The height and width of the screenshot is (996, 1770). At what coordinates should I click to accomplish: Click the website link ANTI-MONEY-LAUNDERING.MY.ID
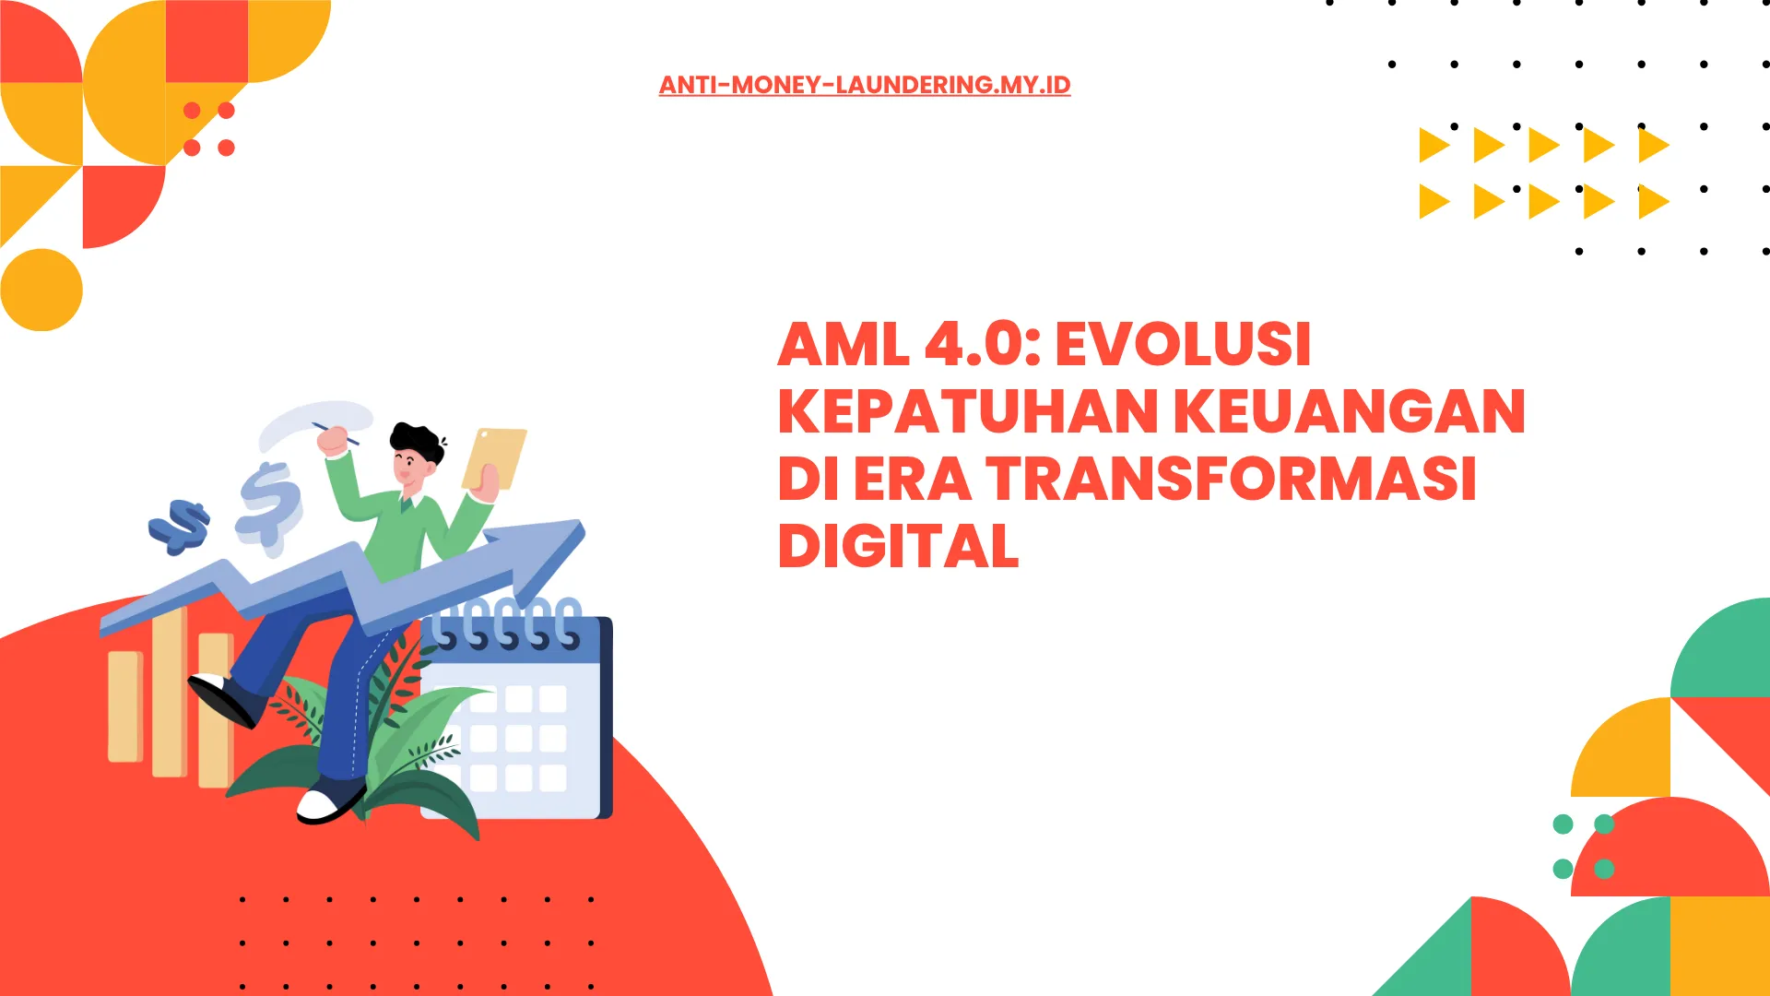point(865,85)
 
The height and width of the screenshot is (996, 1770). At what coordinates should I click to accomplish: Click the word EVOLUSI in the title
point(1183,344)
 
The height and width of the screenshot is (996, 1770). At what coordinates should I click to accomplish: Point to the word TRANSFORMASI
point(1232,479)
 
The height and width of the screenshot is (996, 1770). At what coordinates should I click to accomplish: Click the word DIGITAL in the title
point(899,546)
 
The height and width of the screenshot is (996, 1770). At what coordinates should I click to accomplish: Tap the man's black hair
point(416,442)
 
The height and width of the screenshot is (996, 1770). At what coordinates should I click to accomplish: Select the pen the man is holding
point(335,433)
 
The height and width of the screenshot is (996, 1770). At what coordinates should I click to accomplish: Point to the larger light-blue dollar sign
point(269,508)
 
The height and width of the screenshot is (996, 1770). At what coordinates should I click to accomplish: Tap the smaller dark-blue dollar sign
point(180,527)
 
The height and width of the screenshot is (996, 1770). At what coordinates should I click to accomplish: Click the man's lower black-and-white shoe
point(330,800)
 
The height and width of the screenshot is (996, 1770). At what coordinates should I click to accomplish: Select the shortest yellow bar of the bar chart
point(124,706)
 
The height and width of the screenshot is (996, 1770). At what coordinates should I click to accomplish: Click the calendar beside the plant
point(516,715)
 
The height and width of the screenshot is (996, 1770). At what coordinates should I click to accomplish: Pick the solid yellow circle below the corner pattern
point(41,290)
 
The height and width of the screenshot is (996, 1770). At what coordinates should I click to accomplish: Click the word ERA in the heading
point(913,479)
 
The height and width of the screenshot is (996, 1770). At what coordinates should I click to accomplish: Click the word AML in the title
point(844,344)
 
